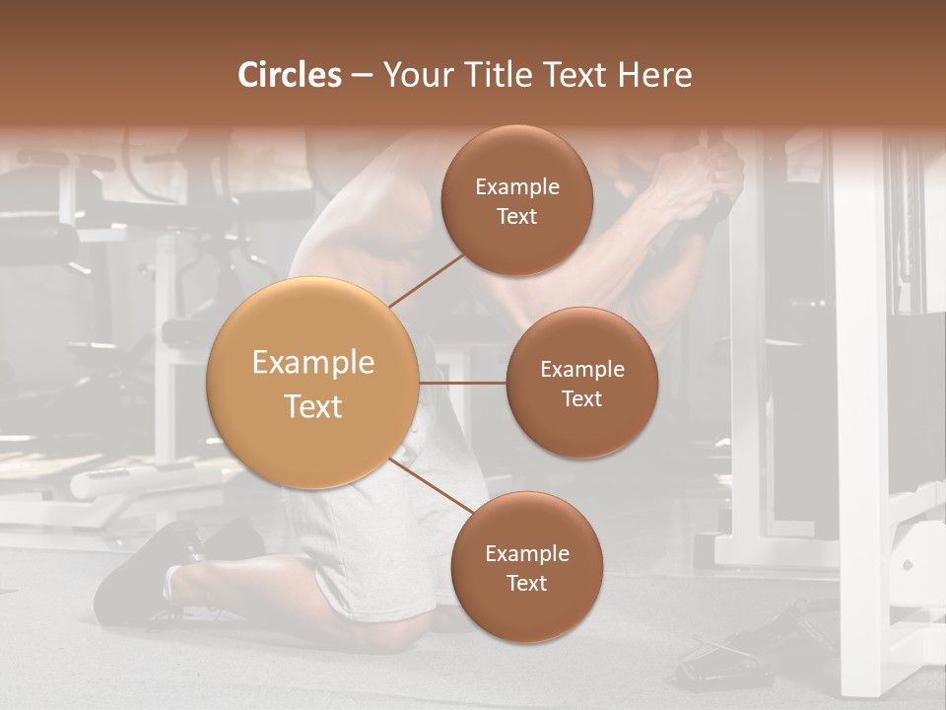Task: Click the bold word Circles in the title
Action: coord(290,75)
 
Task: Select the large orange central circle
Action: coord(312,383)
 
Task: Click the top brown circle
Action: coord(516,200)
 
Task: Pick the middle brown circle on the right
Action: coord(581,383)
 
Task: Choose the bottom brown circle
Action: coord(526,567)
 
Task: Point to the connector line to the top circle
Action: coord(426,280)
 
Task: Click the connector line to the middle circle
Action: coord(462,383)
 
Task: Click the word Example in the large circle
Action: coord(313,363)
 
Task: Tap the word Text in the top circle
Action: coord(516,216)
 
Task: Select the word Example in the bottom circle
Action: coord(527,553)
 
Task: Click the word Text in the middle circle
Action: coord(581,398)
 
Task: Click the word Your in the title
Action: coord(414,75)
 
